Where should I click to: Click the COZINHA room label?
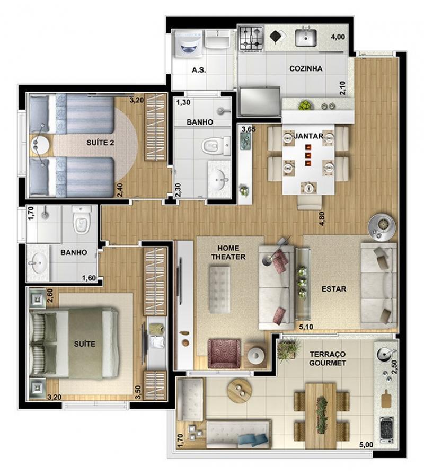point(306,68)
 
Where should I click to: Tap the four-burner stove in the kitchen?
point(251,39)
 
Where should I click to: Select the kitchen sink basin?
point(306,38)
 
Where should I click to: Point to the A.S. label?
point(199,70)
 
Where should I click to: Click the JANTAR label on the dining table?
point(308,136)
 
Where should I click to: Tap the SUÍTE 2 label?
point(100,143)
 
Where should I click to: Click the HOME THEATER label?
point(228,252)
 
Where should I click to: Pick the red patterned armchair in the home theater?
point(224,354)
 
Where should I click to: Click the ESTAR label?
point(334,289)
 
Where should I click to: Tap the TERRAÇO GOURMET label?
point(328,358)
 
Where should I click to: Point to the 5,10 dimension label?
point(306,327)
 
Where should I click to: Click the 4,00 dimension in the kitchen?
point(338,37)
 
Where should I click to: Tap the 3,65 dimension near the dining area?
point(249,129)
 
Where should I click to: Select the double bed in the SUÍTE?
point(73,344)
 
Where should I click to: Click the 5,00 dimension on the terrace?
point(366,445)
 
